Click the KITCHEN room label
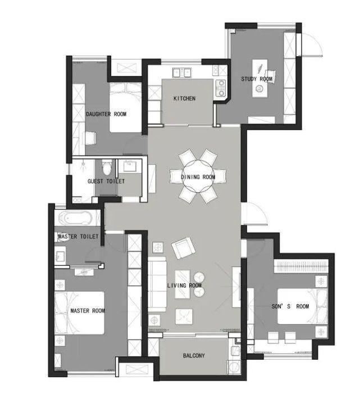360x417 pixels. click(184, 98)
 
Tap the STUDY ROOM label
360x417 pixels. click(257, 79)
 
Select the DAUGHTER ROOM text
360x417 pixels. click(106, 114)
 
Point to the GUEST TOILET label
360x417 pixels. click(106, 182)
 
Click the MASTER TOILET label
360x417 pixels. click(78, 237)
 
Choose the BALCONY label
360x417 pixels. click(194, 356)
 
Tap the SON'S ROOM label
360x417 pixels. click(290, 306)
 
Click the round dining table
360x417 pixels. click(198, 176)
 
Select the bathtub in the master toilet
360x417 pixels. click(76, 218)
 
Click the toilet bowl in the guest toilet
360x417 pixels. click(107, 167)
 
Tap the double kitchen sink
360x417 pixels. click(182, 72)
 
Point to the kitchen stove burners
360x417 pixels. click(221, 88)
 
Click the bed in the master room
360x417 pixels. click(79, 312)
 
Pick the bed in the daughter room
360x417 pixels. click(125, 108)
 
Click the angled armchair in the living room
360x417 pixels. click(183, 248)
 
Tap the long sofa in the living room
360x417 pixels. click(157, 284)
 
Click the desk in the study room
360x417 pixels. click(260, 79)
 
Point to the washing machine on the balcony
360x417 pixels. click(234, 368)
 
